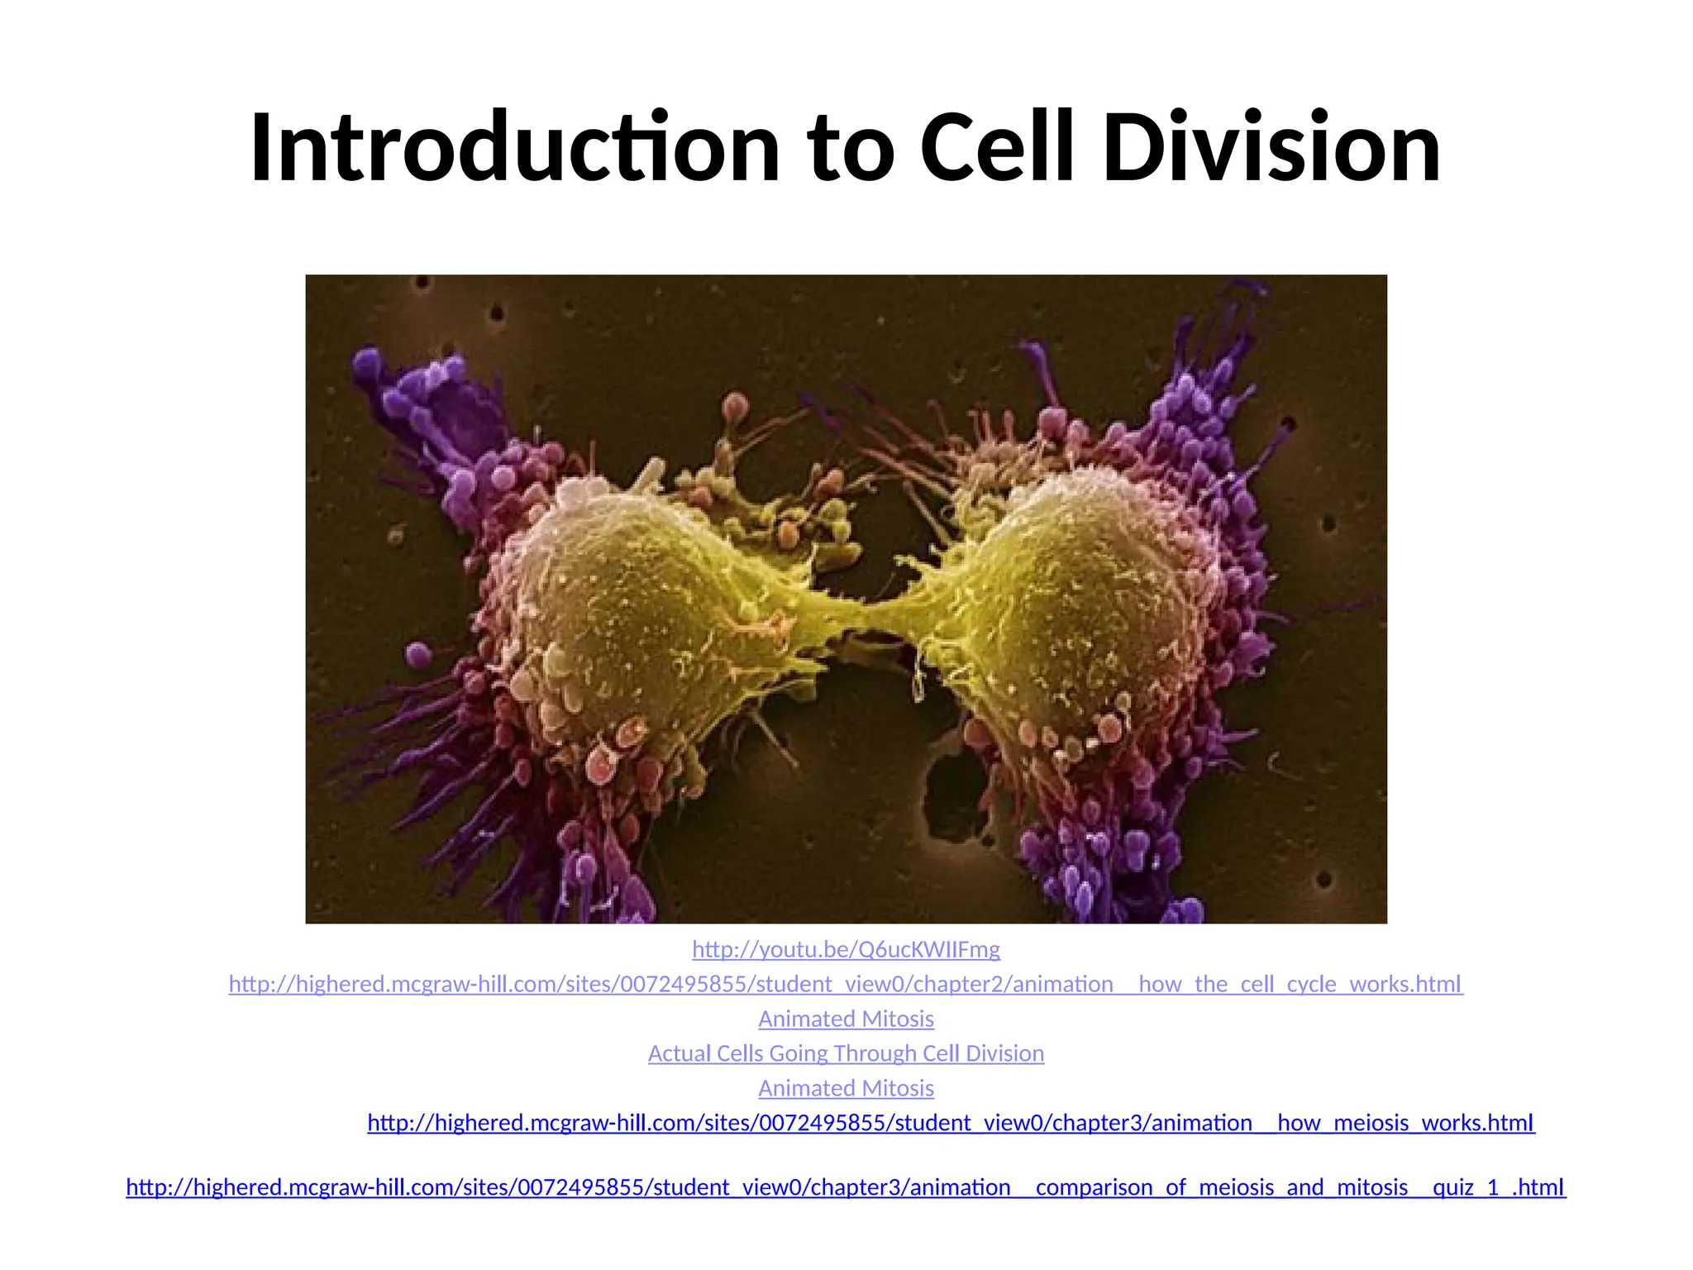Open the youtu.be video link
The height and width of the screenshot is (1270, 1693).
(846, 949)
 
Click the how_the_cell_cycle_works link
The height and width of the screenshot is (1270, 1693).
(846, 984)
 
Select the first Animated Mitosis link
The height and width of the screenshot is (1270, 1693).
(846, 1019)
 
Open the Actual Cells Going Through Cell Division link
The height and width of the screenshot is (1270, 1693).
(846, 1053)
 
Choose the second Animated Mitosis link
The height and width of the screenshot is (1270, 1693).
(846, 1088)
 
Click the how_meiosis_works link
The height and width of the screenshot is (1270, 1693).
(951, 1123)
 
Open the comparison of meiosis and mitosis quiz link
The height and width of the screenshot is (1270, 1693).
(846, 1187)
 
